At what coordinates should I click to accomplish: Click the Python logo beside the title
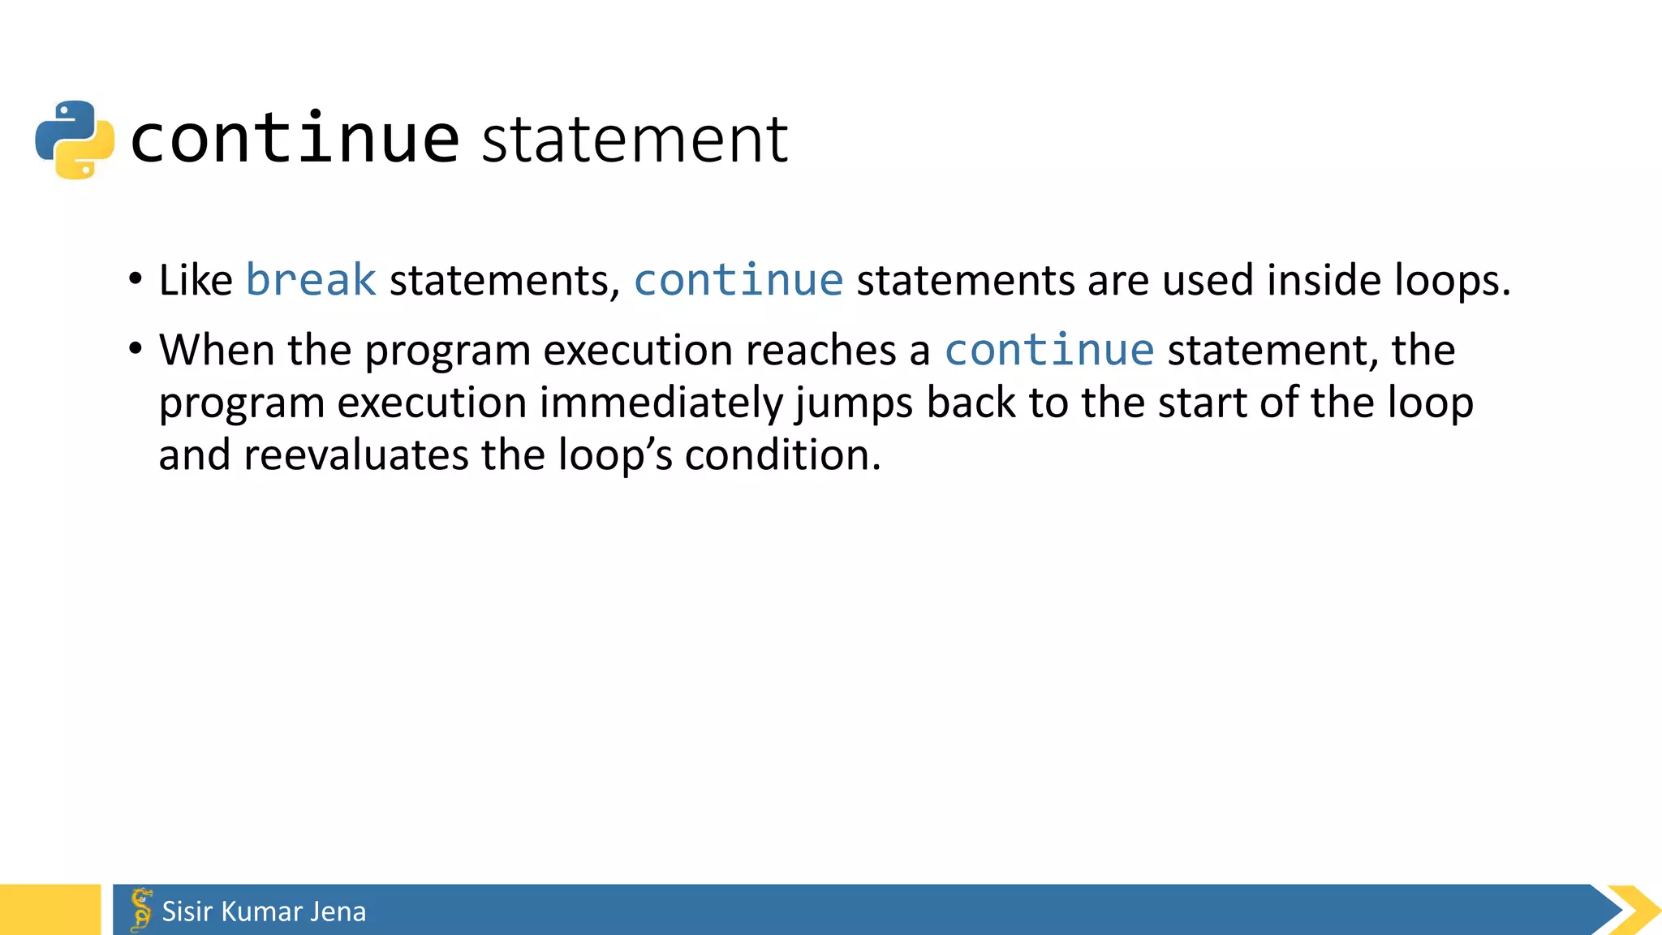coord(75,139)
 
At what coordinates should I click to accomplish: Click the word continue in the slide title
coord(295,139)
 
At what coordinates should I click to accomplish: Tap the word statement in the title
coord(635,140)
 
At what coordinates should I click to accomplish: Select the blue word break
coord(311,280)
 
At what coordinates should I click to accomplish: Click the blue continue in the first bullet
coord(738,280)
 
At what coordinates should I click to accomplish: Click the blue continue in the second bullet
coord(1048,350)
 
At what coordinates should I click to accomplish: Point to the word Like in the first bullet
coord(196,280)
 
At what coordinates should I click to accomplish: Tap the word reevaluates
coord(355,455)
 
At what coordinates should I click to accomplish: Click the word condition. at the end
coord(782,455)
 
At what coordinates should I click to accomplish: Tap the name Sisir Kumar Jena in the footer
coord(264,911)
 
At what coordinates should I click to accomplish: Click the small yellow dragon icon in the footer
coord(141,910)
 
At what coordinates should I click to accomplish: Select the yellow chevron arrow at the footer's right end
coord(1635,910)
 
